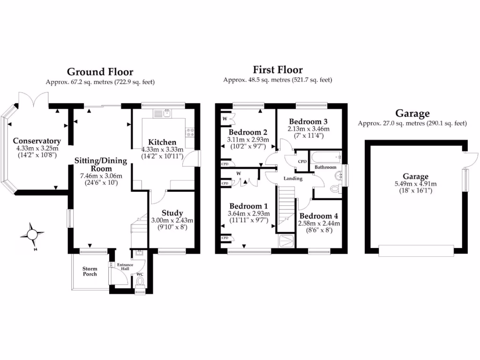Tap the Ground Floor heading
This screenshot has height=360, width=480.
pyautogui.click(x=100, y=72)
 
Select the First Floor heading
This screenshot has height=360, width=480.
pyautogui.click(x=277, y=70)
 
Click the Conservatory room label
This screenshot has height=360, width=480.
pyautogui.click(x=37, y=141)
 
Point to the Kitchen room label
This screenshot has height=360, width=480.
pyautogui.click(x=162, y=142)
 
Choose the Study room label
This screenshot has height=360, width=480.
pyautogui.click(x=172, y=213)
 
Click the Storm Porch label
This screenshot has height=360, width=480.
pyautogui.click(x=90, y=271)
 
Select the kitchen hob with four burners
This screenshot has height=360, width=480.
pyautogui.click(x=190, y=132)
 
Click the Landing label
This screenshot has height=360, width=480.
pyautogui.click(x=292, y=179)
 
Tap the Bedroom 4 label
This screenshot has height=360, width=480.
pyautogui.click(x=319, y=216)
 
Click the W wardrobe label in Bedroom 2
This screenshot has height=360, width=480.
pyautogui.click(x=225, y=119)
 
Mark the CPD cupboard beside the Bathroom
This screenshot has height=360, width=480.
pyautogui.click(x=302, y=162)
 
